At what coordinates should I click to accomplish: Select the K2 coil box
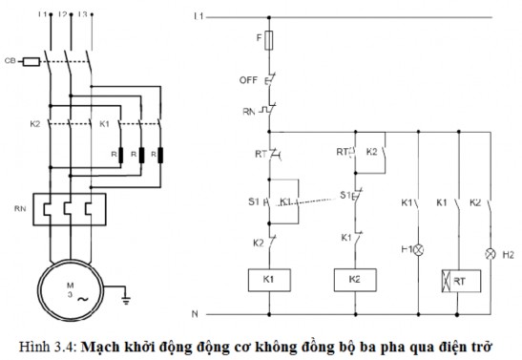[x=354, y=279]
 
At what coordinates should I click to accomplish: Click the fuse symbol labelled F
[x=273, y=43]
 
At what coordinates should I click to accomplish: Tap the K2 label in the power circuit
[x=35, y=124]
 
